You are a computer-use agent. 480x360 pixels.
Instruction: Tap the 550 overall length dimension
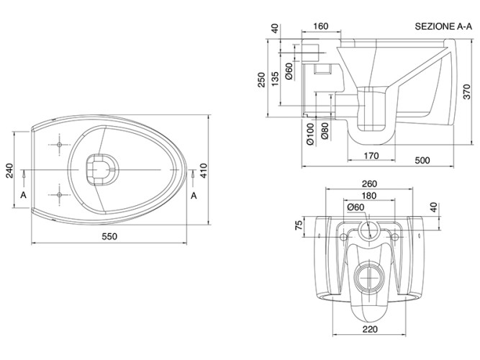109,236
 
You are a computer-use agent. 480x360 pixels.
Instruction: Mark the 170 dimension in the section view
371,155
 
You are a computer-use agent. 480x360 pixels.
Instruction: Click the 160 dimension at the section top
320,27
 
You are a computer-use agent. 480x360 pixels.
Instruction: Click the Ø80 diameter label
325,131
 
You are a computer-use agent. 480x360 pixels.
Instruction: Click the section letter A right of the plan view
193,195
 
